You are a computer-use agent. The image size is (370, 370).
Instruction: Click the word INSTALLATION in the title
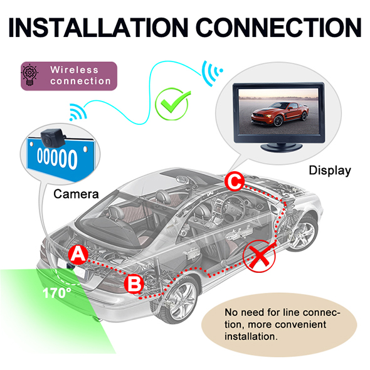98,28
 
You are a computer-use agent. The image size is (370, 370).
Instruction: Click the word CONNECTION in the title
278,28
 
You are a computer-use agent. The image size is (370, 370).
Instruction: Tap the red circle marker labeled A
78,255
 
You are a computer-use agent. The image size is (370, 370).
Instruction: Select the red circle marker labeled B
134,284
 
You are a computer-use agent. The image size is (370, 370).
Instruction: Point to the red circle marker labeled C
235,182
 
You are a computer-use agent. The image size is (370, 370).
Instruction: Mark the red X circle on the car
260,256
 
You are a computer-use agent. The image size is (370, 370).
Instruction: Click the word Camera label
76,194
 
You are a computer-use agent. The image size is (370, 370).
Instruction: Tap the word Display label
330,171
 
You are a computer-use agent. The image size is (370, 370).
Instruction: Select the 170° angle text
56,293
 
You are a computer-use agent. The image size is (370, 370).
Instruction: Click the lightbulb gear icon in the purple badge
29,75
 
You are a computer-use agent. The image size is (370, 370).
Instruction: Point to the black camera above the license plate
53,137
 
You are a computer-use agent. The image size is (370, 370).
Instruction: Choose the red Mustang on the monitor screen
280,114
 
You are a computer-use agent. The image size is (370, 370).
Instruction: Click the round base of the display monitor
282,147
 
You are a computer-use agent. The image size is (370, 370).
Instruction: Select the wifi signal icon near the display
212,72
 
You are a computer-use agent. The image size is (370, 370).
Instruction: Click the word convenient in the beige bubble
287,324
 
